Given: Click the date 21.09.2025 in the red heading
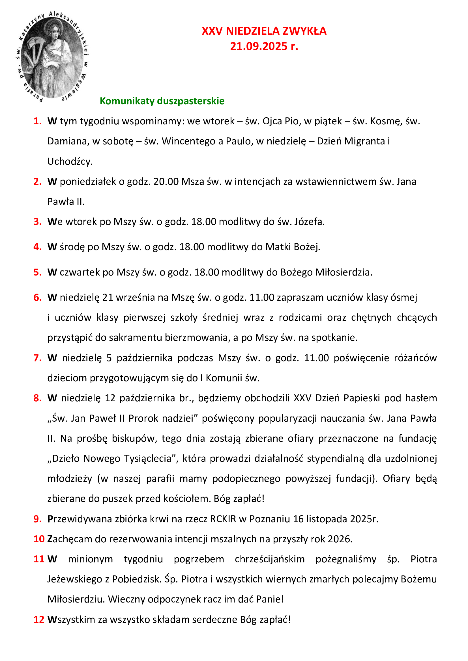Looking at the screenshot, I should pos(259,46).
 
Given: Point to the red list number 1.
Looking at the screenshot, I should pos(37,121).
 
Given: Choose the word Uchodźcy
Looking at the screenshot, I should pos(70,162).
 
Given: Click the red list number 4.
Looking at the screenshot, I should pos(37,247).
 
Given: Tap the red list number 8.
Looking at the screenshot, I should pos(37,398).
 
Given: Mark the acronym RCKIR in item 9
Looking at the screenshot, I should pos(223,519).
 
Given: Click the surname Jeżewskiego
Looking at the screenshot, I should pos(75,579).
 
